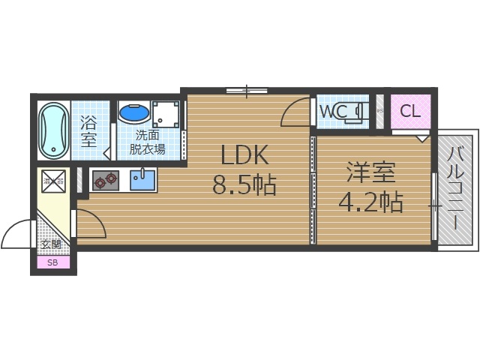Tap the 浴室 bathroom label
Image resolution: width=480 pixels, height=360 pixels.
coord(89,129)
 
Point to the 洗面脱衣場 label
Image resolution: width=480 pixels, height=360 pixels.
coord(148,142)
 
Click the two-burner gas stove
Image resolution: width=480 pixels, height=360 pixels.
coord(105,179)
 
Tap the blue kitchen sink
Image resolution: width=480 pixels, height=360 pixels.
coord(142,179)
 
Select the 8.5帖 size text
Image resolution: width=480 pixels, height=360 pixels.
coord(244,184)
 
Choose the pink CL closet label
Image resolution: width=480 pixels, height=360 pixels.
coord(409,112)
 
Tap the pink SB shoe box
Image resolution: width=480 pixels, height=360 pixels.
coord(52,262)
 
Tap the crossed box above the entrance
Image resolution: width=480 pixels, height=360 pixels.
coord(53,180)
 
